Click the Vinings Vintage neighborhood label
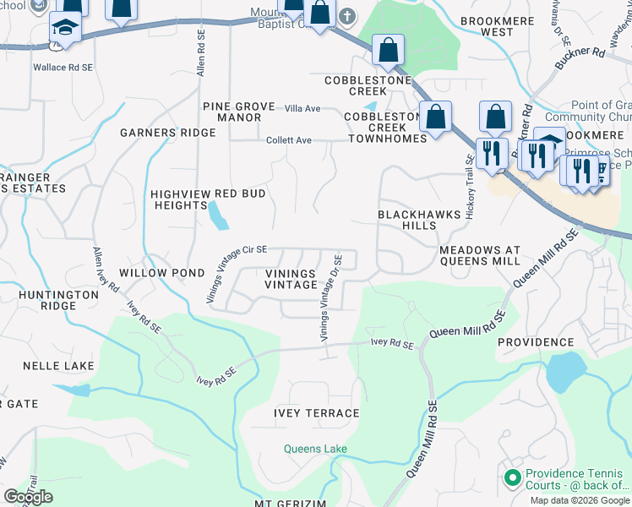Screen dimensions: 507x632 (x=290, y=280)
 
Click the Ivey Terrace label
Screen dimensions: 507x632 (x=316, y=413)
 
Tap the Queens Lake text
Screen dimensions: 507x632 (x=315, y=449)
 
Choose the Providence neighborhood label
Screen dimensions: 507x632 (x=536, y=341)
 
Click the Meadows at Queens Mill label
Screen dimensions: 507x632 (x=480, y=256)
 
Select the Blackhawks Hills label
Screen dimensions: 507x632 (x=419, y=221)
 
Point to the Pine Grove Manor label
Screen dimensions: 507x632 (x=238, y=112)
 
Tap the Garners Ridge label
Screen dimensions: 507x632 (x=167, y=133)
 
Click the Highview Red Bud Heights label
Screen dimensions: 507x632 (x=208, y=199)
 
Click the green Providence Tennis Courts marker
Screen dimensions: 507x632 (x=511, y=478)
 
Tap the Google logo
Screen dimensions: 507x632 (x=28, y=497)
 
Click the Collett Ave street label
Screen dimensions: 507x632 (x=290, y=140)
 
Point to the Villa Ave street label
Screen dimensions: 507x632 (x=302, y=108)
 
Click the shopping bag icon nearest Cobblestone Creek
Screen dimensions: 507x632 (x=388, y=50)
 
